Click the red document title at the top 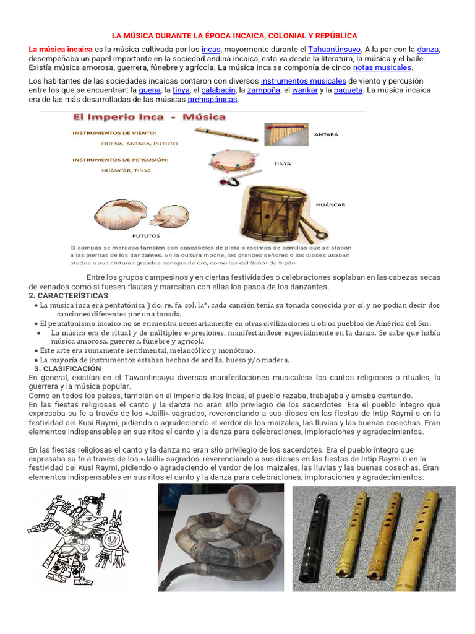tap(238, 36)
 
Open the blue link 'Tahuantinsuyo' tap(335, 49)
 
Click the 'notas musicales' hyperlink tap(382, 67)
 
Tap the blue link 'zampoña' tap(260, 90)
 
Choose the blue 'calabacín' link tap(215, 90)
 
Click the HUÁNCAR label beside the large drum tap(330, 204)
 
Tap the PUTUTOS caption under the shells tap(147, 235)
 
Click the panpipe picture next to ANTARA tap(286, 134)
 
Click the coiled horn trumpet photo tap(221, 537)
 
